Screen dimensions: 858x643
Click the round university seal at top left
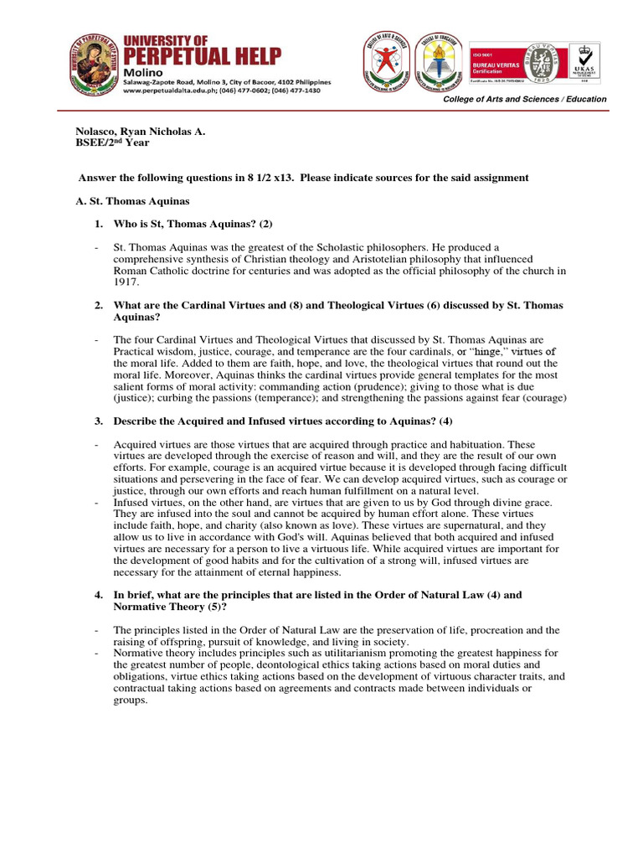click(x=95, y=64)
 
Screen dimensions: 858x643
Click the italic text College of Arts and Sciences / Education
click(x=525, y=99)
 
